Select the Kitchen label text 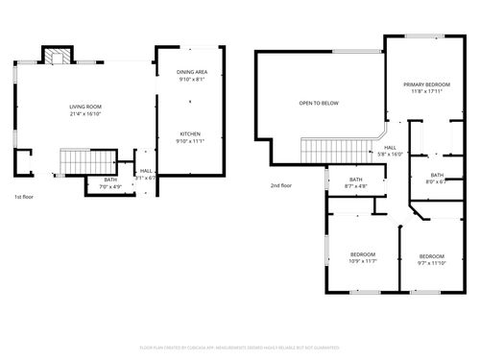pyautogui.click(x=190, y=133)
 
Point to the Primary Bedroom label pyautogui.click(x=425, y=84)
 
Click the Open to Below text pyautogui.click(x=318, y=102)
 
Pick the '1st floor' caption pyautogui.click(x=24, y=197)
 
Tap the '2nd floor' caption pyautogui.click(x=280, y=185)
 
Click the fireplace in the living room pyautogui.click(x=59, y=56)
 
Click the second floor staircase pyautogui.click(x=336, y=150)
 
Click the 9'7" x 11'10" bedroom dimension pyautogui.click(x=431, y=262)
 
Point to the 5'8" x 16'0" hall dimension pyautogui.click(x=391, y=154)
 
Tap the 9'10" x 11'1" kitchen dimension pyautogui.click(x=190, y=140)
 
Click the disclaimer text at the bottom pyautogui.click(x=240, y=347)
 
